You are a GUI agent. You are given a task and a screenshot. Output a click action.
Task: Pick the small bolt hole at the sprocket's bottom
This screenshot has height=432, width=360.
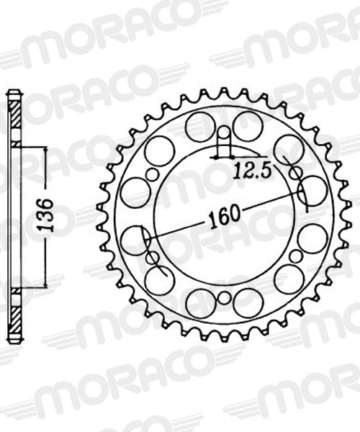pos(224,298)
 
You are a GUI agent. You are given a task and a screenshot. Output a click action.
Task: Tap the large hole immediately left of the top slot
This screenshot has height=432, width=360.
pos(200,127)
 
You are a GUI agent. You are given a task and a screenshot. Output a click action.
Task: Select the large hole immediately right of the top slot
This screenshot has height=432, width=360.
pos(248,126)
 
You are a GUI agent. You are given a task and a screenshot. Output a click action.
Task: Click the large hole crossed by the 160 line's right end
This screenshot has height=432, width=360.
pos(312,191)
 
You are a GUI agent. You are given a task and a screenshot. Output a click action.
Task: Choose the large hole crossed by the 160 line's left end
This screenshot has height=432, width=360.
pos(135,240)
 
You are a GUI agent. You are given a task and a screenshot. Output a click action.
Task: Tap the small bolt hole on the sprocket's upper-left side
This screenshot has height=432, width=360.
pos(153,175)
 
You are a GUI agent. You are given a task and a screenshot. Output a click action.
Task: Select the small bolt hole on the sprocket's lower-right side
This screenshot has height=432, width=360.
pos(295,256)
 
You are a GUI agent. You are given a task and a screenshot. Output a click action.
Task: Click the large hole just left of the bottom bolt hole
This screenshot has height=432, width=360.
pos(200,303)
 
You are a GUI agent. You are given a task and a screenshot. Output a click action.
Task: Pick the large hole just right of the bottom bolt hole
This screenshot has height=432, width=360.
pos(248,303)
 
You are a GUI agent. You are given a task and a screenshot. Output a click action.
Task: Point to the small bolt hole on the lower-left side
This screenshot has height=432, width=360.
pos(152,256)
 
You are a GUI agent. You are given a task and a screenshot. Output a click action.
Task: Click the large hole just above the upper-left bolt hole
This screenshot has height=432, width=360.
pos(159,150)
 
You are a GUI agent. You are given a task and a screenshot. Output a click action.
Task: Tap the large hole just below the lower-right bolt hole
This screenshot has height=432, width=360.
pos(289,279)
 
